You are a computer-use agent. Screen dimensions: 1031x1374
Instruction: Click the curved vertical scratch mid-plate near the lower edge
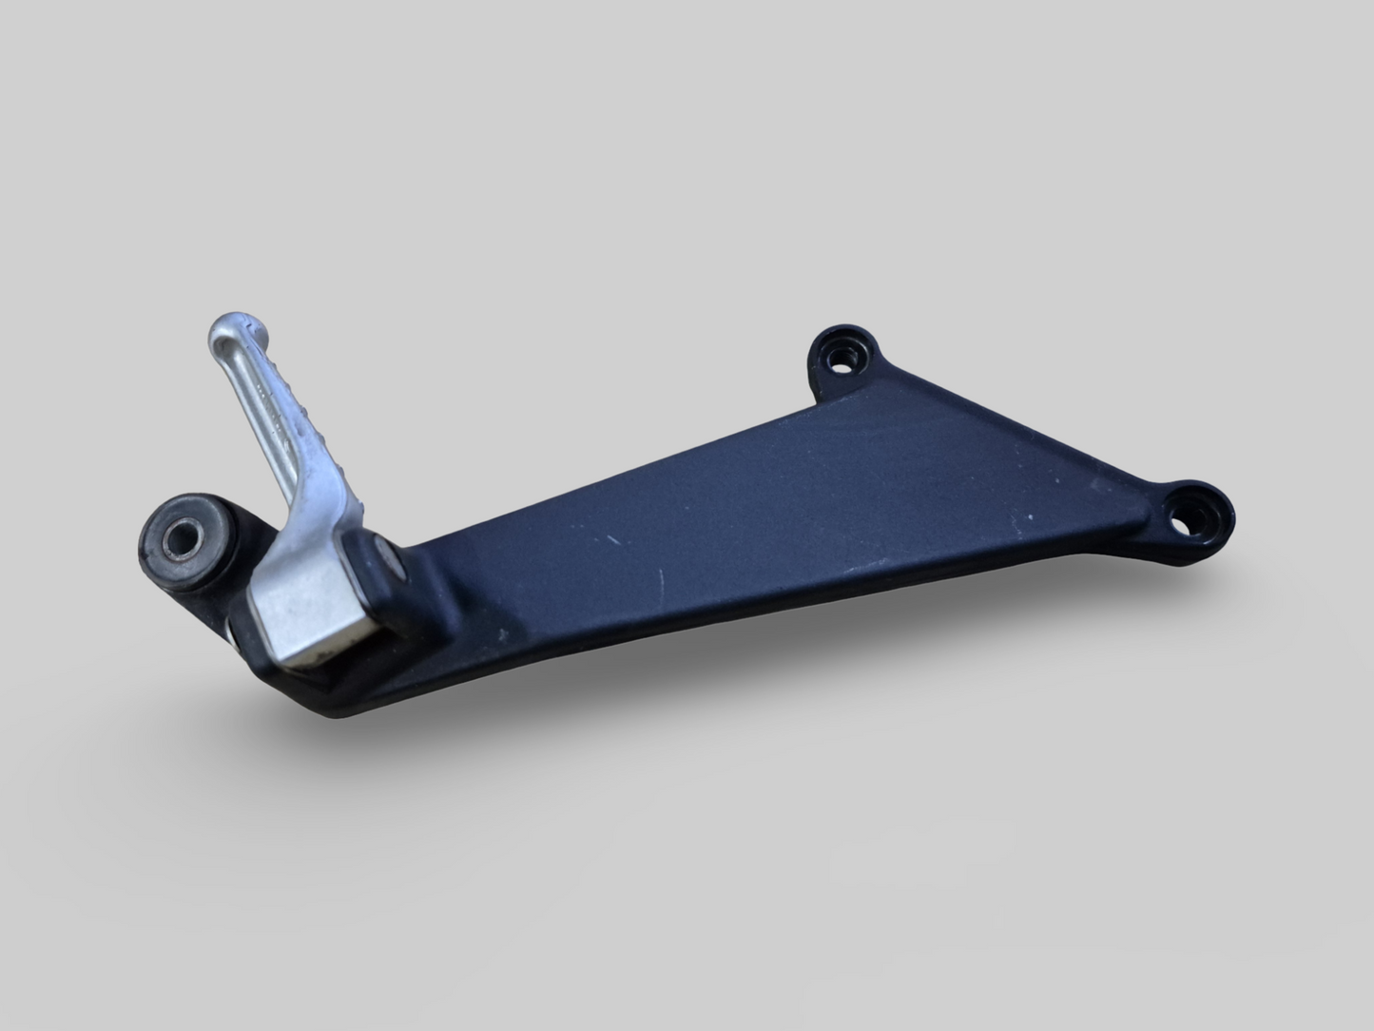663,586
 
